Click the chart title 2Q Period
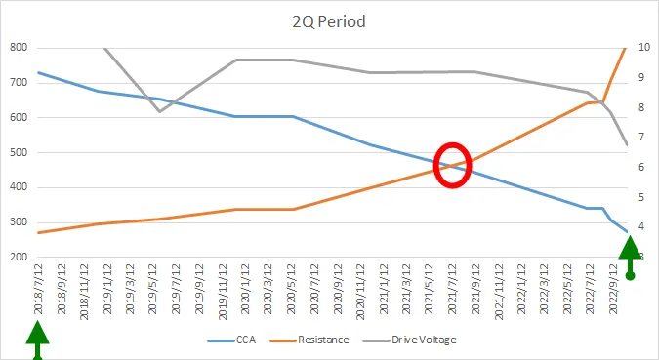tap(329, 21)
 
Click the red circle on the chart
tap(452, 164)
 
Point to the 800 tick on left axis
tap(18, 48)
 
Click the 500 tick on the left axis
tap(18, 153)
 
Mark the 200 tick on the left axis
tap(18, 258)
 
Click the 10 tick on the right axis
tap(644, 48)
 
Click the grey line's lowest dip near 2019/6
tap(160, 111)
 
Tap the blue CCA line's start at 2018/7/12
tap(38, 72)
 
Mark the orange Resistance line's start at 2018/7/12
tap(38, 232)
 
